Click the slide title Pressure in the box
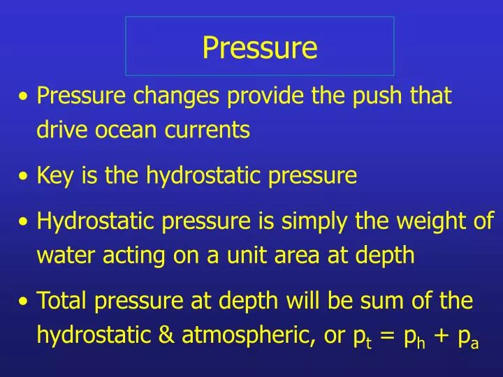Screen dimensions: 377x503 tap(260, 47)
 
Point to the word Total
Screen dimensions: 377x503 tap(62, 301)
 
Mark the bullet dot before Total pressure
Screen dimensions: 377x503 tap(25, 302)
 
